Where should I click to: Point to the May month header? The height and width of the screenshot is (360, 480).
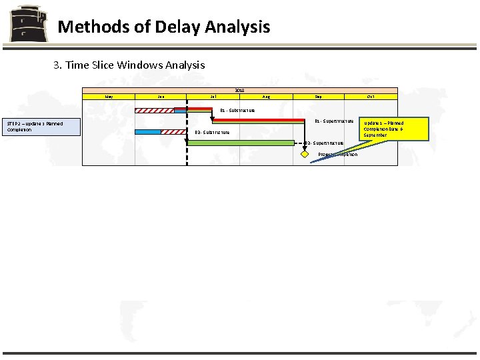[109, 97]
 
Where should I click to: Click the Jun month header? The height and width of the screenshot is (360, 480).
[161, 97]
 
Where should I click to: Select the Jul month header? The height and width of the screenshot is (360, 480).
[213, 97]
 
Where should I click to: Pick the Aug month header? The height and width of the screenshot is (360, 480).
[266, 97]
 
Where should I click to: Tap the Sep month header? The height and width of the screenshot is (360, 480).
[318, 97]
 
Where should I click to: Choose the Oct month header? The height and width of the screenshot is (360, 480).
[371, 97]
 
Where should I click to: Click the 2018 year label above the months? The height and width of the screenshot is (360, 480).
[239, 90]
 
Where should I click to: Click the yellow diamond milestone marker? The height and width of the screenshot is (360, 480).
[305, 154]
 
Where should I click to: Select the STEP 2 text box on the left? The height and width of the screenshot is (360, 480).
[43, 127]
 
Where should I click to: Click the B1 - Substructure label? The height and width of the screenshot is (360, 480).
[237, 110]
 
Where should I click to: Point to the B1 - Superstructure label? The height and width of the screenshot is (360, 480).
[334, 121]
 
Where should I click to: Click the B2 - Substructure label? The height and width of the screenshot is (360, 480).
[213, 132]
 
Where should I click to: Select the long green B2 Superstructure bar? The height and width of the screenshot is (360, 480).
[241, 143]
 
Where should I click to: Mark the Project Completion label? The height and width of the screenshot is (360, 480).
[338, 154]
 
